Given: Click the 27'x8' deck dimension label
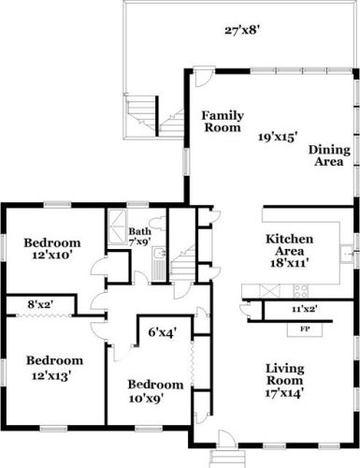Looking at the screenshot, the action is tap(242, 31).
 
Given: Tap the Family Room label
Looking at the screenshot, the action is tap(223, 122).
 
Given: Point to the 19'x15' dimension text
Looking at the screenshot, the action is tap(276, 137).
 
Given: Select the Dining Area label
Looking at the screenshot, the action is tap(329, 155).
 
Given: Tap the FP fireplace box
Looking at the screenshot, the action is tap(305, 329).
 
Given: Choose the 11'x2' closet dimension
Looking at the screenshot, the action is tap(305, 309).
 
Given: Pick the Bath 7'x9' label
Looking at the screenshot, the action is tap(140, 236).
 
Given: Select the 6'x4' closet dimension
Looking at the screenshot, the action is tap(163, 332).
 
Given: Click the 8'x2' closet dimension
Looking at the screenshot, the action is tap(41, 304).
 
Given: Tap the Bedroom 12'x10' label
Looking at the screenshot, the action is tap(52, 249).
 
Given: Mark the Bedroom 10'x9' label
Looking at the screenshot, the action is tap(155, 391).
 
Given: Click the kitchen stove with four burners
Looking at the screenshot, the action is tap(300, 291).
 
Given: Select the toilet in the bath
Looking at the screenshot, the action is tap(157, 224).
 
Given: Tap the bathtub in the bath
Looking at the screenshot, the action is tap(117, 225).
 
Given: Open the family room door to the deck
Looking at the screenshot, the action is tap(203, 78).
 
